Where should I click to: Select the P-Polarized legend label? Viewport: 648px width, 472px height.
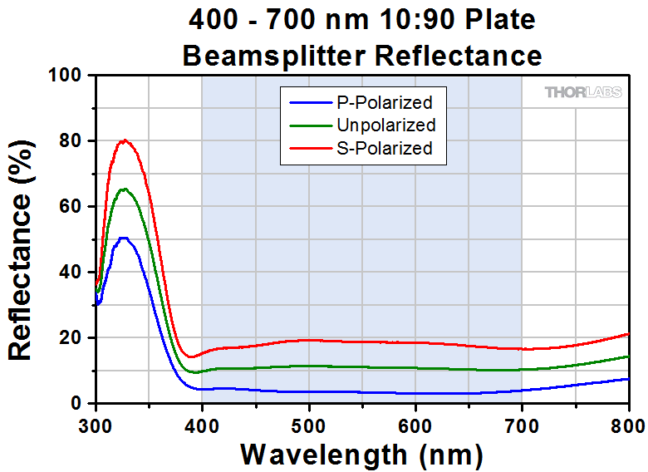tap(385, 103)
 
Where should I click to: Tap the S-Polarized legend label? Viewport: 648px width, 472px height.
tap(385, 148)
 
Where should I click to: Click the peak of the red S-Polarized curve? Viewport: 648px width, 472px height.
tap(125, 140)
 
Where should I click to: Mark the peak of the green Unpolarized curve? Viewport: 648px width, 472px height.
tap(125, 189)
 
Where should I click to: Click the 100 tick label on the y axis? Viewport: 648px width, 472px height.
tap(65, 76)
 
